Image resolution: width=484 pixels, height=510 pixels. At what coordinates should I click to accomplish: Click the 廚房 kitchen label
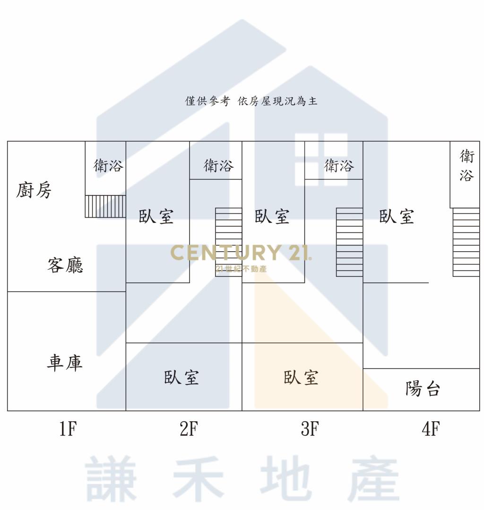click(x=34, y=190)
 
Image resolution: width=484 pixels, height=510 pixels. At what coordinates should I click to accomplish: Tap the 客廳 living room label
click(x=65, y=265)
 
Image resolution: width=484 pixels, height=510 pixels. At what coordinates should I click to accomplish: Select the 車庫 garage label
click(x=64, y=363)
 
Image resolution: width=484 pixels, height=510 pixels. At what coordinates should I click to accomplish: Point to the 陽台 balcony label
click(x=423, y=388)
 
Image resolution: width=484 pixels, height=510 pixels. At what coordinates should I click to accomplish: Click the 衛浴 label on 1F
click(x=108, y=166)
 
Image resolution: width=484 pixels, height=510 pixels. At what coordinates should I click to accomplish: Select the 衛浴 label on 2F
click(x=218, y=166)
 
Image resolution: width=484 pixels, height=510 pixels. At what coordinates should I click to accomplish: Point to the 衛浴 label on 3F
click(x=338, y=166)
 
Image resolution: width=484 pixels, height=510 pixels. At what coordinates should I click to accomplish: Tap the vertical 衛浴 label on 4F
click(x=467, y=166)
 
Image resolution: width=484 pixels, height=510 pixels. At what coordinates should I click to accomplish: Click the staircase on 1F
click(x=105, y=206)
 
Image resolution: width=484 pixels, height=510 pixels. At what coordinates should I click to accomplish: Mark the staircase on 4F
click(x=466, y=242)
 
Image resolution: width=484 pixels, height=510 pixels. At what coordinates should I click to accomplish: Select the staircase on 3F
click(x=350, y=242)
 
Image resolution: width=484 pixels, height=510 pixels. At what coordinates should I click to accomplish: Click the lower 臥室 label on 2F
click(x=181, y=377)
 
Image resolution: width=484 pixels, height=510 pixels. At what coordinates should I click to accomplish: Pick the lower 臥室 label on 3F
click(x=301, y=377)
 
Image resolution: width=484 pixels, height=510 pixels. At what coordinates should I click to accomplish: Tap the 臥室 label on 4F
click(x=397, y=216)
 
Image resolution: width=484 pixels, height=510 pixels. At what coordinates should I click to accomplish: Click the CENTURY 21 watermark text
click(x=241, y=253)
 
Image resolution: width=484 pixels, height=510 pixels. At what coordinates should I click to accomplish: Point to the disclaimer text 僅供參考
click(x=207, y=101)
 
